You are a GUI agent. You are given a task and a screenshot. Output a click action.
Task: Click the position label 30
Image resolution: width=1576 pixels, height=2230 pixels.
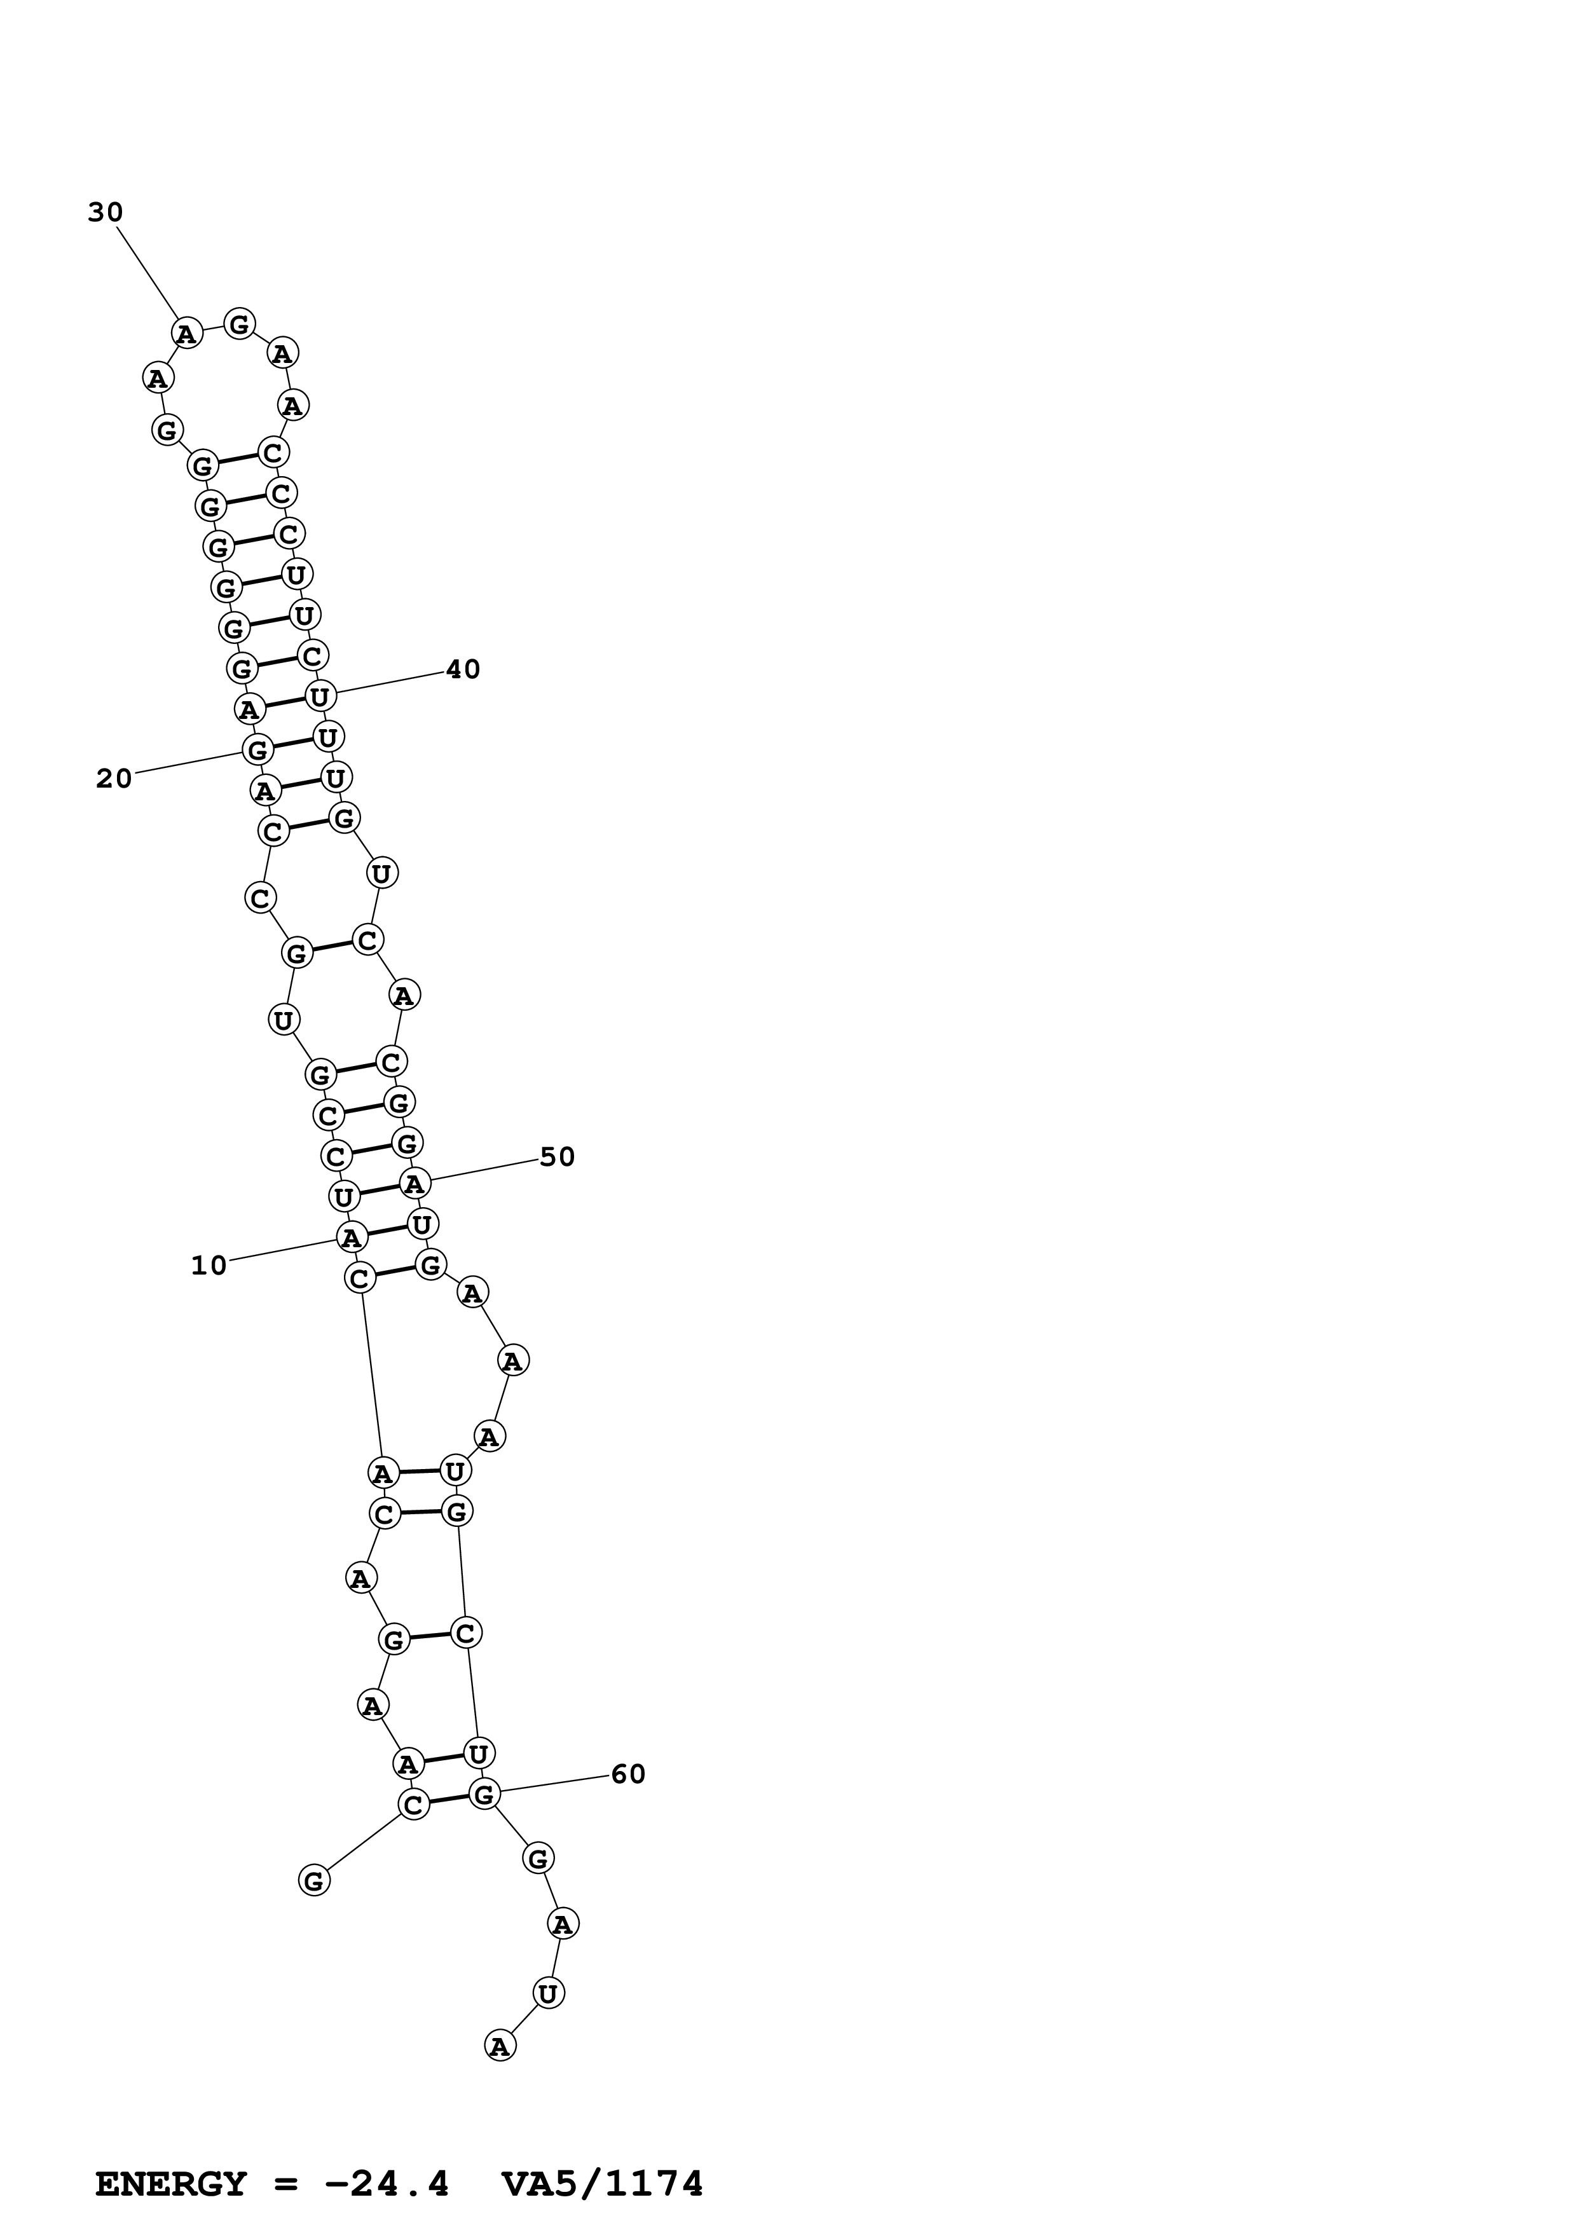pyautogui.click(x=106, y=213)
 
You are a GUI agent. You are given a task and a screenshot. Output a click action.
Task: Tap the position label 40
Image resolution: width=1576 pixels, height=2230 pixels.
pyautogui.click(x=463, y=669)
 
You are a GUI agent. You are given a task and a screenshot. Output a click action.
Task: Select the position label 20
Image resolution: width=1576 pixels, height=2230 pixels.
pyautogui.click(x=114, y=778)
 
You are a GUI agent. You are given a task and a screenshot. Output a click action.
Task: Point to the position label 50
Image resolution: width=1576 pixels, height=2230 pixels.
pyautogui.click(x=558, y=1157)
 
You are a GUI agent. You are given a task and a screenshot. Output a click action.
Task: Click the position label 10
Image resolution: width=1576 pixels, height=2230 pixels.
pyautogui.click(x=209, y=1266)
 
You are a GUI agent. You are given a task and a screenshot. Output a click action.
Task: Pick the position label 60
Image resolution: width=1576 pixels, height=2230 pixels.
pyautogui.click(x=628, y=1774)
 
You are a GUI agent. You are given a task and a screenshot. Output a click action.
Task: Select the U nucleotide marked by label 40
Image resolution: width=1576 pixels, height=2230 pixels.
pyautogui.click(x=320, y=695)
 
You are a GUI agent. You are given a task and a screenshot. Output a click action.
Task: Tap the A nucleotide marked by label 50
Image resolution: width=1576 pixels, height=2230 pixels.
pyautogui.click(x=415, y=1184)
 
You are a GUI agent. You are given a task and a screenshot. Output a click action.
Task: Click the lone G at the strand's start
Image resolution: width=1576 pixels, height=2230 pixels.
pyautogui.click(x=313, y=1880)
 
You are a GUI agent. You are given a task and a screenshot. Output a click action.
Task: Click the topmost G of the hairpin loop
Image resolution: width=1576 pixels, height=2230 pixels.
pyautogui.click(x=239, y=324)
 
